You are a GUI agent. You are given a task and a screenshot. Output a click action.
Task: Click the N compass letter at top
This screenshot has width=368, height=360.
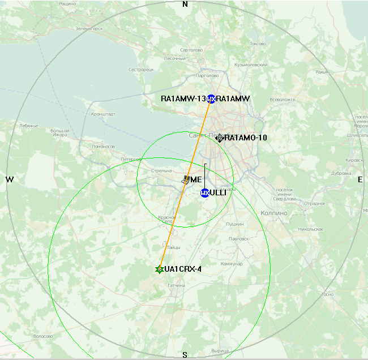click(185, 4)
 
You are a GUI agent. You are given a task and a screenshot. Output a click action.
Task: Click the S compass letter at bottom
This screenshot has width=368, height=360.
click(185, 355)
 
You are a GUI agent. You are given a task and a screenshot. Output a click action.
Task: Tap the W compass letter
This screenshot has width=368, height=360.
click(10, 179)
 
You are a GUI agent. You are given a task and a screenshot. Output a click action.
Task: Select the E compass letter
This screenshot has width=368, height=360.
click(360, 179)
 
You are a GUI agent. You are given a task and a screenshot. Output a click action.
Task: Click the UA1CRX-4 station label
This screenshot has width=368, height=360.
click(183, 269)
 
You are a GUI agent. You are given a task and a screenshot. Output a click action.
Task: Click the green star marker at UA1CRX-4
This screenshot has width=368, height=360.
click(160, 269)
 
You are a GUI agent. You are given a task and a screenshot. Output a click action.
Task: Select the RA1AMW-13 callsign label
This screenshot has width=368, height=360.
click(183, 98)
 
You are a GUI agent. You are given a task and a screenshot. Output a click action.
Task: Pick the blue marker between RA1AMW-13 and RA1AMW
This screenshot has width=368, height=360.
click(211, 99)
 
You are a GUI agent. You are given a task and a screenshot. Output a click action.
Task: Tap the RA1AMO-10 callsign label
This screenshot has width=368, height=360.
click(246, 138)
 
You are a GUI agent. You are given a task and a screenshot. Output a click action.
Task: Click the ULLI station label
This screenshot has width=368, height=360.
click(219, 193)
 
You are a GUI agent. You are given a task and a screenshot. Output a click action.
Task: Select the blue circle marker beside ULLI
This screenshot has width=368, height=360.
click(205, 193)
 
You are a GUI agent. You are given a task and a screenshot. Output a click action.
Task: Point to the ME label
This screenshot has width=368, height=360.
click(196, 179)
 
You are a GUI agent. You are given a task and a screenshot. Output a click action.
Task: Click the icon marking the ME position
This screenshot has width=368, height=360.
click(187, 179)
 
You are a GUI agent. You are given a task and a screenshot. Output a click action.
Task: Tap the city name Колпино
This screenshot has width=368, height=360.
click(274, 213)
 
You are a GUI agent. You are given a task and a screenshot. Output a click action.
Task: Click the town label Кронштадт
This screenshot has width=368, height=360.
click(102, 114)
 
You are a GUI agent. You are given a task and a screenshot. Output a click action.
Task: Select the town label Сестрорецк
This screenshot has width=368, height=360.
click(141, 70)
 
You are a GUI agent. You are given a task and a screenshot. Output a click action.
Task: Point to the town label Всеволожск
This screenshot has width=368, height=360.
click(283, 100)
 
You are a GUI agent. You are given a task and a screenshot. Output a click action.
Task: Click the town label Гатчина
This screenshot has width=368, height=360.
click(177, 285)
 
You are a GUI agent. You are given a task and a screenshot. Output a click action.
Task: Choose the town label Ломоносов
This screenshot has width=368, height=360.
click(104, 146)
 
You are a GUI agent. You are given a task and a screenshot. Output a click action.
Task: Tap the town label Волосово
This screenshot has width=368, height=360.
click(43, 336)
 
